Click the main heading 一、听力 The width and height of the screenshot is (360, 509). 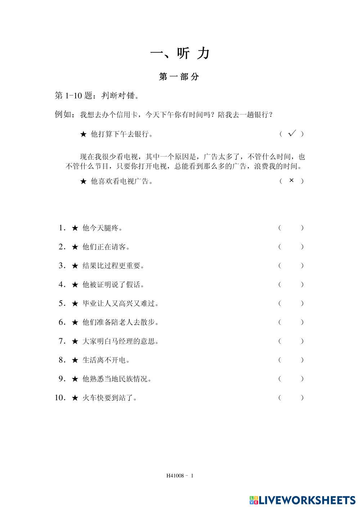tap(180, 54)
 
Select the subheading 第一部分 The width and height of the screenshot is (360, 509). tap(179, 77)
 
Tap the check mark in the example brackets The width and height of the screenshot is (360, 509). tap(292, 134)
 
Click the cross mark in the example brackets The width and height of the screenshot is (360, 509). tap(292, 181)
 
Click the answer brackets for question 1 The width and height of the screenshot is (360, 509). tap(291, 228)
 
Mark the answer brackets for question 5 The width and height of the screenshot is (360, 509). tap(291, 303)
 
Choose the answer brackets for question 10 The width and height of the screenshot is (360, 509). tap(291, 398)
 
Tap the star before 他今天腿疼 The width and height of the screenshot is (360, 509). tap(75, 228)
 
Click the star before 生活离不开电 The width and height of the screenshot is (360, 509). tap(75, 360)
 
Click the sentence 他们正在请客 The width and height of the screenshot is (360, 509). tap(106, 247)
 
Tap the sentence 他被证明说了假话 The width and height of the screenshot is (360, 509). tap(113, 285)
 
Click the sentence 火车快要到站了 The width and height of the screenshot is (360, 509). tap(109, 398)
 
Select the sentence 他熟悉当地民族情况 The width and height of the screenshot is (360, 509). tap(117, 379)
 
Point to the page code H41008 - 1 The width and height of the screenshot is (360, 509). tap(180, 476)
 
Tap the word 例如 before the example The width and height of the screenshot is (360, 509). tap(64, 115)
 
